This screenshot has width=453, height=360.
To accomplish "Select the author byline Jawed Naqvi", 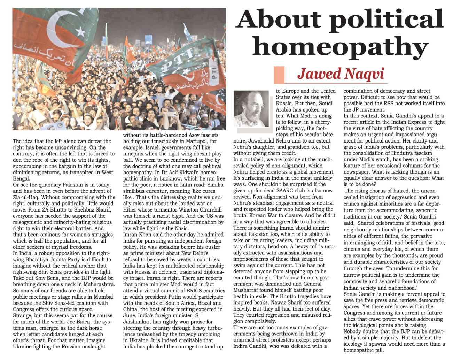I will pyautogui.click(x=340, y=74).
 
